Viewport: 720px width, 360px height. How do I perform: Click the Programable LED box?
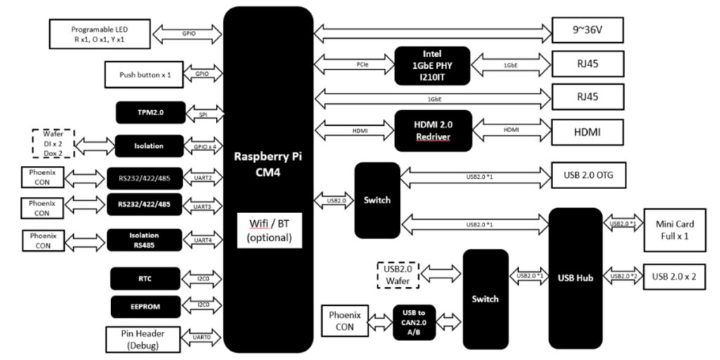point(101,33)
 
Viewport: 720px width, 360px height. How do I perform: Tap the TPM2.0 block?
point(148,112)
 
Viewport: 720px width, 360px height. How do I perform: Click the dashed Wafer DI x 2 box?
point(53,146)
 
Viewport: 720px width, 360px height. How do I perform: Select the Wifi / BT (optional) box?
point(267,230)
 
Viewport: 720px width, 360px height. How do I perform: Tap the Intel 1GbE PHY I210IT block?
point(432,65)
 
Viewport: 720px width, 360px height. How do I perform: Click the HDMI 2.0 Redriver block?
point(432,130)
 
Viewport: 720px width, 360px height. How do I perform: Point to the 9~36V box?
point(587,31)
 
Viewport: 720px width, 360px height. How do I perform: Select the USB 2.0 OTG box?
point(589,174)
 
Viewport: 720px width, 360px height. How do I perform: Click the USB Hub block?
point(575,278)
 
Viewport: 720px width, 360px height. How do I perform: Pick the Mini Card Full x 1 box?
point(676,230)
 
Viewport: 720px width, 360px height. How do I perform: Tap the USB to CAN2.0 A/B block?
point(413,323)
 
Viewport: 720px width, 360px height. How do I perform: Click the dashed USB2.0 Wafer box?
point(398,275)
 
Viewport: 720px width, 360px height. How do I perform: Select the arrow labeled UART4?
point(202,240)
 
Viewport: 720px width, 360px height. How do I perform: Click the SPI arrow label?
point(202,113)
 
